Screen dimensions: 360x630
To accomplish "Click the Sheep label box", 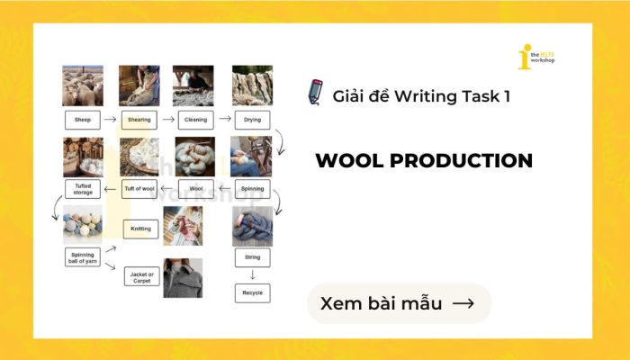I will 82,119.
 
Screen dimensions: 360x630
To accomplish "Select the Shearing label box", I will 139,119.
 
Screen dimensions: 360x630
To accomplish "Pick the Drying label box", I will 252,119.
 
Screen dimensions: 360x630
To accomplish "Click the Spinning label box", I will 252,189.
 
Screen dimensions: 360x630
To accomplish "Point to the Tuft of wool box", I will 139,189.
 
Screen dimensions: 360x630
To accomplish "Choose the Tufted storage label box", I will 82,189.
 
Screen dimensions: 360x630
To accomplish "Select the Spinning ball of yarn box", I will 82,258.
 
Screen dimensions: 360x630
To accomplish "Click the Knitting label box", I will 140,229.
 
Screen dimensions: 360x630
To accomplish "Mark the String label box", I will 252,258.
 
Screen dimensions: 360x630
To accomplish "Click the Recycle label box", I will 252,292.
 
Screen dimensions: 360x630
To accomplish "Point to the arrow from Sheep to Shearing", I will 110,119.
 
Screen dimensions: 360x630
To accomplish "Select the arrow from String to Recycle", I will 252,274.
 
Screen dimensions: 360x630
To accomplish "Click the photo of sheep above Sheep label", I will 82,85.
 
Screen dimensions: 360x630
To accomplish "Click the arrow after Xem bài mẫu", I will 463,304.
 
